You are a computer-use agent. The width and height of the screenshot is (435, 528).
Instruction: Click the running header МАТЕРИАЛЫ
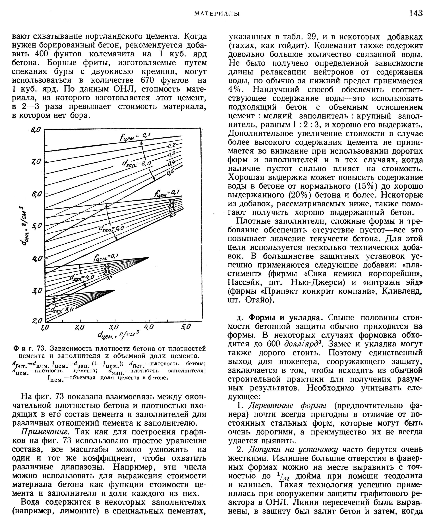(x=217, y=14)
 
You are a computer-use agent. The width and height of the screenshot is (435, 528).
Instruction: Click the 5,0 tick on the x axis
(x=186, y=327)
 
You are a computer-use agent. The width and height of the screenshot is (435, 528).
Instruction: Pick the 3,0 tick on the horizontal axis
(x=114, y=327)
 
